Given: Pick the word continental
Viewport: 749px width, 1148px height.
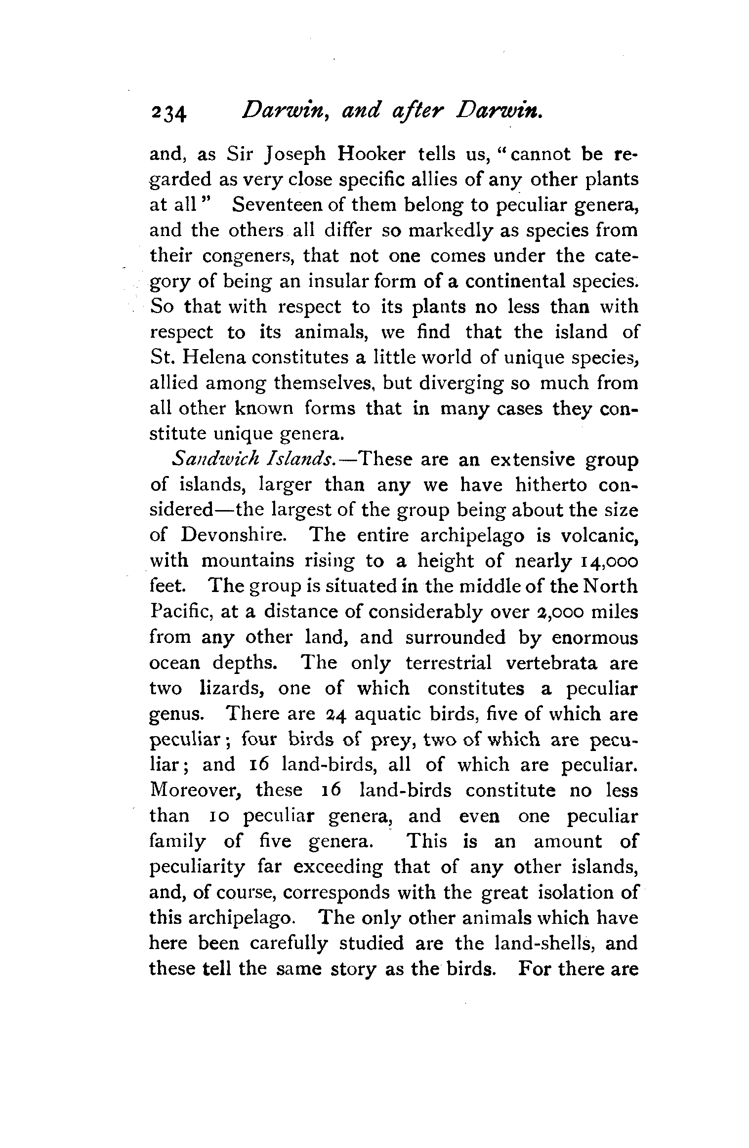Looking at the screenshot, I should pos(524,281).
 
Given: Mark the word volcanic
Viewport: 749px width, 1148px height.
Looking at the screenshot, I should pos(603,535).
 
